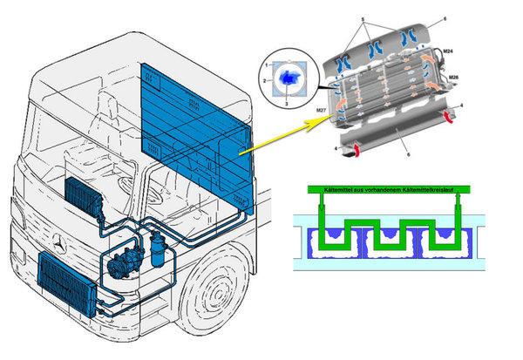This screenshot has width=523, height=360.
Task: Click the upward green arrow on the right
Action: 457,207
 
